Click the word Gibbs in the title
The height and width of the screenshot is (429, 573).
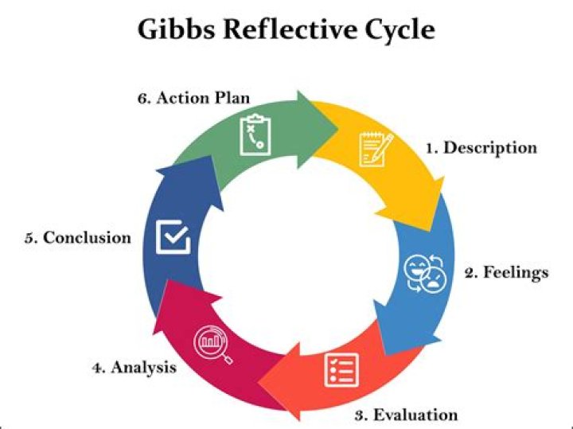point(176,29)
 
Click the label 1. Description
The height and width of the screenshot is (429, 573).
point(481,148)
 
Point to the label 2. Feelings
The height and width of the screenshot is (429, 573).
point(507,273)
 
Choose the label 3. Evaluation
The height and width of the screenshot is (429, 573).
point(407,415)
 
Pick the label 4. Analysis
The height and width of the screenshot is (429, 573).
point(134,368)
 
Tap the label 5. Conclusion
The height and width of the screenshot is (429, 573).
point(78,237)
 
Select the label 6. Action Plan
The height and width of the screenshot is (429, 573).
point(193,98)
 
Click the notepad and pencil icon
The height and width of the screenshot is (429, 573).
point(376,150)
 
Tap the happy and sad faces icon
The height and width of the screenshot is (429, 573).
point(425,273)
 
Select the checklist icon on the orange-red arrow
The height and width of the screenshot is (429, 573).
point(341,370)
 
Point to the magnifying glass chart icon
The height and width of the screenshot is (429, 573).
point(212,345)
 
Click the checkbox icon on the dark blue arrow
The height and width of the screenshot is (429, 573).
point(173,237)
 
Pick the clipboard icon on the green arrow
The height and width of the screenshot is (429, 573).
point(255,135)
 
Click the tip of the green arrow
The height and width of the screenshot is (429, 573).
point(337,128)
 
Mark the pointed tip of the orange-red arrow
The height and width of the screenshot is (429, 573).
point(259,383)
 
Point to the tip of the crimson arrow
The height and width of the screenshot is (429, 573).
point(167,280)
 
